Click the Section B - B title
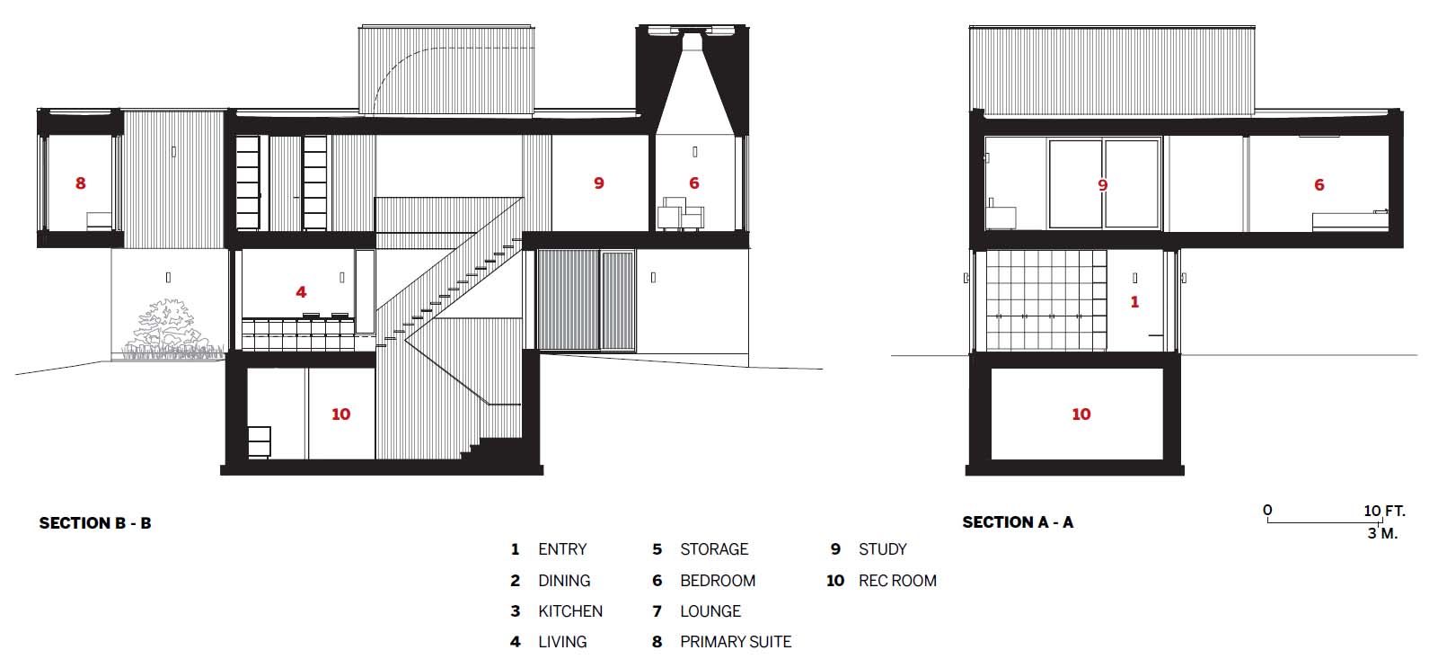(95, 523)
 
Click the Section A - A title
(1018, 522)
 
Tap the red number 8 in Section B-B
(80, 183)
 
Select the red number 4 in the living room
(301, 292)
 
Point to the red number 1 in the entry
(1134, 302)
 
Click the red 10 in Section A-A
(1081, 414)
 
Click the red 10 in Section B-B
(341, 414)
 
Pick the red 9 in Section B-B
(599, 183)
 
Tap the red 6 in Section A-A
(1319, 185)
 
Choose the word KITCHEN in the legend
(570, 610)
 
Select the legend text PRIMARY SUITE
(736, 642)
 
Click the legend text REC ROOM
(897, 581)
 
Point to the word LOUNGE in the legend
(710, 610)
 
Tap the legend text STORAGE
(714, 549)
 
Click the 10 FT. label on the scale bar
(1385, 511)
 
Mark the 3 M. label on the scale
(1383, 533)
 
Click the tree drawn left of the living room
(168, 327)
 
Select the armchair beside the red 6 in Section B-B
(681, 213)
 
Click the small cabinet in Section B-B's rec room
(260, 442)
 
